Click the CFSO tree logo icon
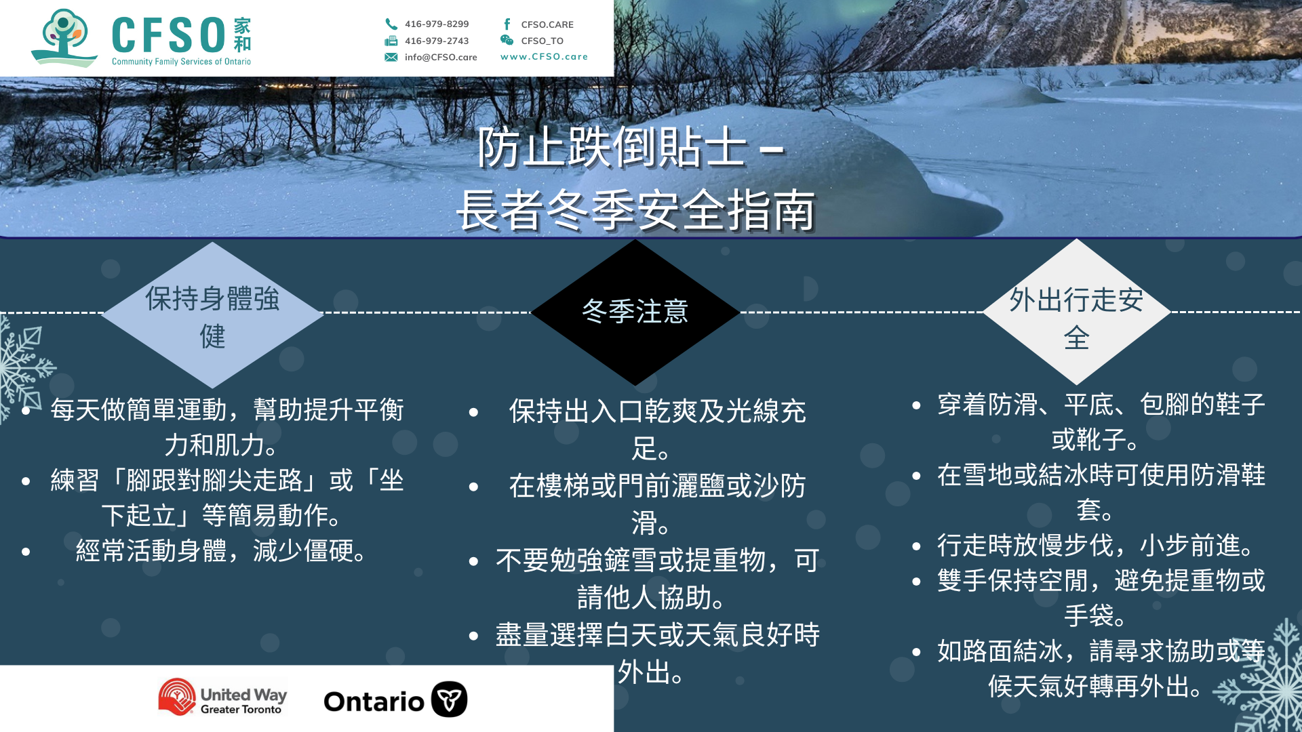point(64,37)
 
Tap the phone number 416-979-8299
point(437,24)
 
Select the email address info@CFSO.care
point(441,57)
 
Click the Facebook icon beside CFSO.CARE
point(507,24)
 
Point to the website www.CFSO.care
point(544,57)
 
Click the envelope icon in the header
point(391,57)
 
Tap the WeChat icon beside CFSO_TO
point(507,40)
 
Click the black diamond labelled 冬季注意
point(635,312)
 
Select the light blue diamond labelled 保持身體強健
point(212,315)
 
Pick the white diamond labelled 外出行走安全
point(1077,312)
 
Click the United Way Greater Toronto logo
point(222,697)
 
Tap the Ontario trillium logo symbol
point(450,699)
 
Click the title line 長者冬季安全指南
point(635,210)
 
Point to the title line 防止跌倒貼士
point(612,147)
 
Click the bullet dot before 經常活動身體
point(26,552)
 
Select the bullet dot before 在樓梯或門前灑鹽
point(473,487)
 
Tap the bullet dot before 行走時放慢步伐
point(916,546)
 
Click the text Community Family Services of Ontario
point(181,62)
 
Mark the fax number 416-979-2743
point(437,41)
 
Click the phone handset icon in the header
point(391,24)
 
